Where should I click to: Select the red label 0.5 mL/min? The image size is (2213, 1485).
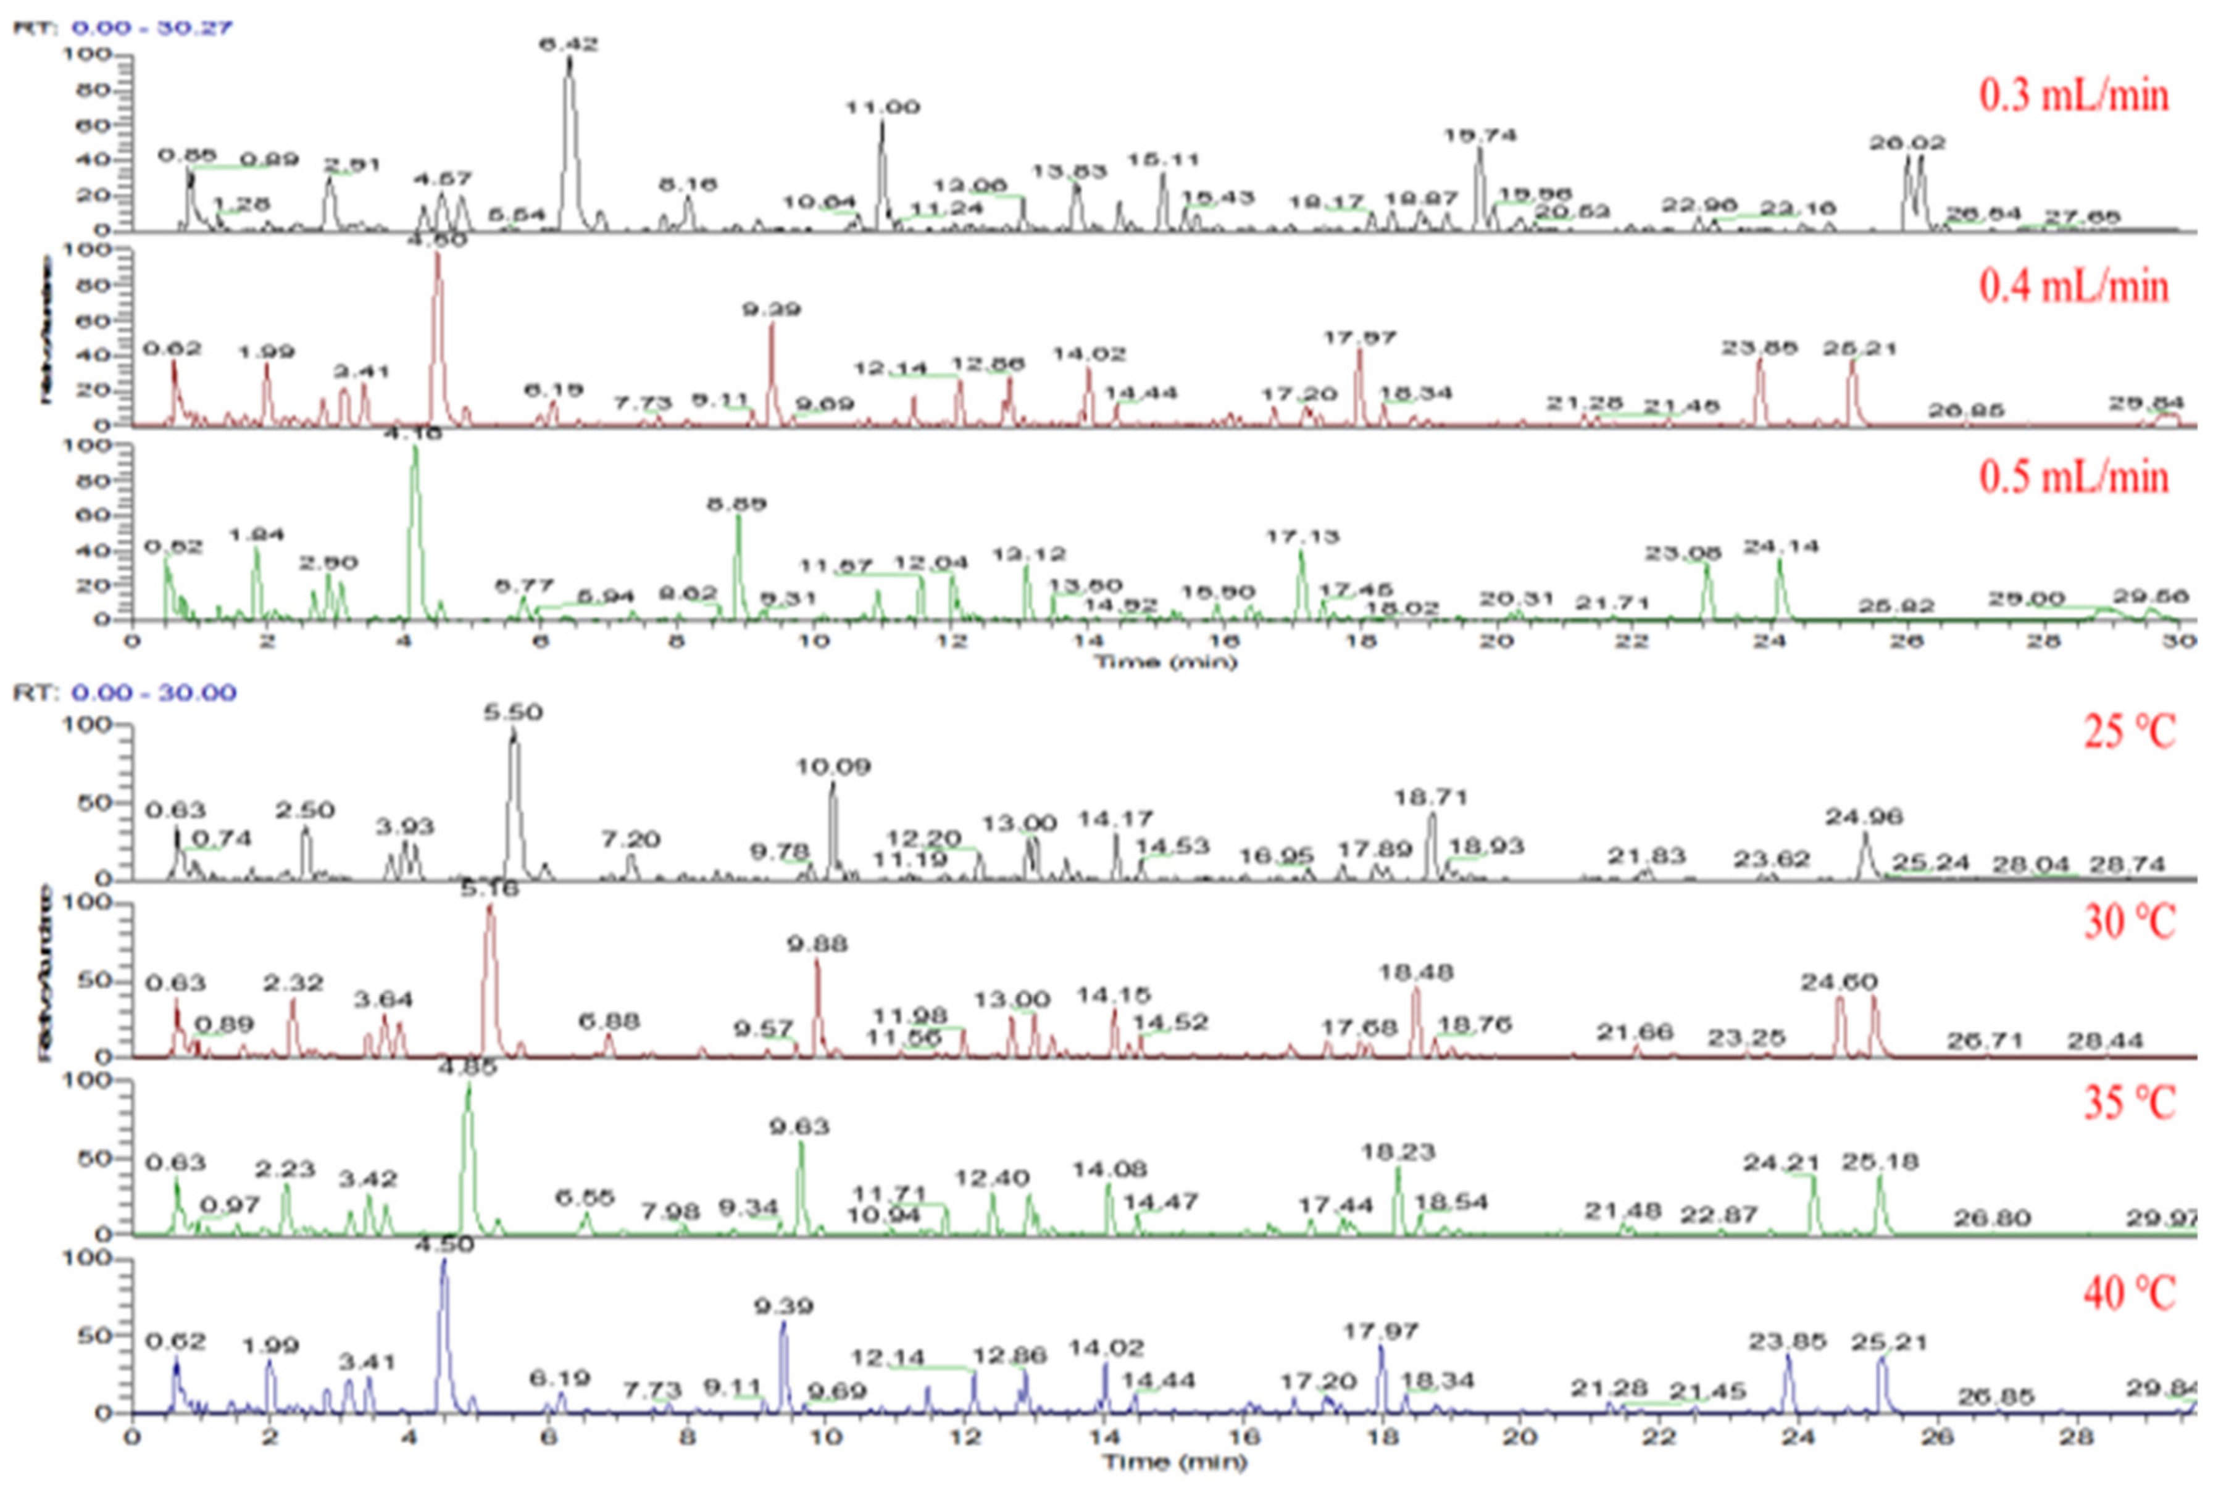pyautogui.click(x=2073, y=476)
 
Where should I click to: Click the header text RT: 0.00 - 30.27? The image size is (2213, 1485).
pyautogui.click(x=122, y=27)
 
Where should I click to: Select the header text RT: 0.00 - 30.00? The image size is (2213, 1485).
pyautogui.click(x=124, y=693)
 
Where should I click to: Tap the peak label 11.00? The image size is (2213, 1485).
pyautogui.click(x=883, y=107)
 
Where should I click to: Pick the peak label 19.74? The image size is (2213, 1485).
pyautogui.click(x=1480, y=135)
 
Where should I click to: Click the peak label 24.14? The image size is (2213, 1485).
pyautogui.click(x=1783, y=546)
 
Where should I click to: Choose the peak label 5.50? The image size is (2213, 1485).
pyautogui.click(x=513, y=712)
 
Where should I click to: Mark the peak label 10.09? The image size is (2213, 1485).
pyautogui.click(x=832, y=766)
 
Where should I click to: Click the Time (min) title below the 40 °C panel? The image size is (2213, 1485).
pyautogui.click(x=1174, y=1463)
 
